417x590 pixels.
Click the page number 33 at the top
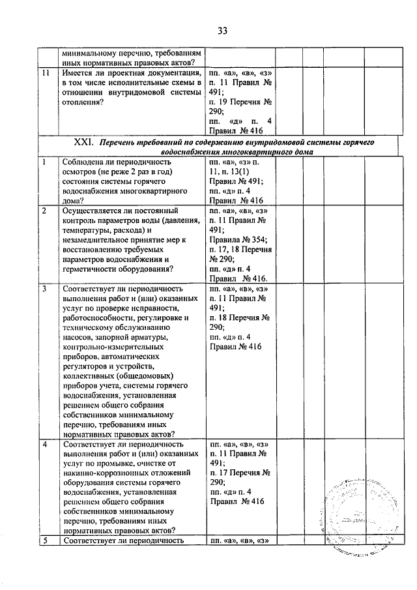point(222,30)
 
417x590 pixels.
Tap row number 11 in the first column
point(44,74)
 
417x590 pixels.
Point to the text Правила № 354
point(235,239)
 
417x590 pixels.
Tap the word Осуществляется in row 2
point(92,211)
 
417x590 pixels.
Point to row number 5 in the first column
point(44,540)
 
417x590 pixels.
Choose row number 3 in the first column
point(44,289)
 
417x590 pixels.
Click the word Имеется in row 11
point(78,74)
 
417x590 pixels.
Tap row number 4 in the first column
point(44,444)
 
